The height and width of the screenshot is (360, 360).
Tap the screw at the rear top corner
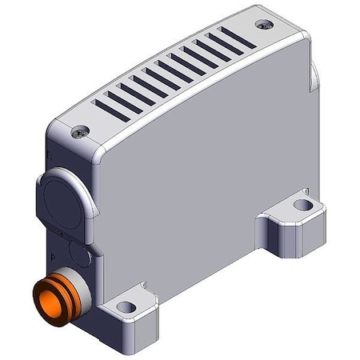(264, 26)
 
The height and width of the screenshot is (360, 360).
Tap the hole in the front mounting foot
(123, 306)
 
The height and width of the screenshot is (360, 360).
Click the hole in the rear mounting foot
(301, 206)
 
